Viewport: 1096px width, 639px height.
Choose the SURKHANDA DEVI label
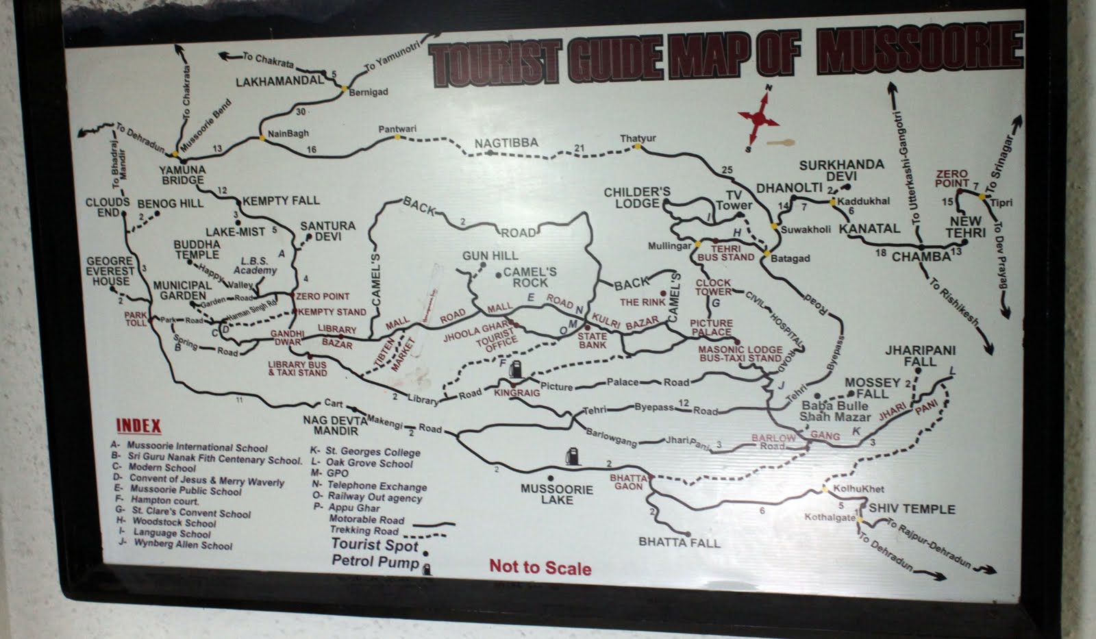pyautogui.click(x=841, y=171)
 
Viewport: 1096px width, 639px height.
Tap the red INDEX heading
pyautogui.click(x=138, y=425)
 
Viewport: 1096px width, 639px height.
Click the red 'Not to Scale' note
pyautogui.click(x=540, y=567)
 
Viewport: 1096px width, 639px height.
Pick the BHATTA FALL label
pyautogui.click(x=679, y=542)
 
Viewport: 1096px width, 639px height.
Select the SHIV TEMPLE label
pyautogui.click(x=911, y=509)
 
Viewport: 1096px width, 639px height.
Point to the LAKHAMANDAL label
pyautogui.click(x=279, y=81)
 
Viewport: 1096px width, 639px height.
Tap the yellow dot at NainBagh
pyautogui.click(x=262, y=138)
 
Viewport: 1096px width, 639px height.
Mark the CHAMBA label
pyautogui.click(x=921, y=257)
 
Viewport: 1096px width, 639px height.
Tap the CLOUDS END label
pyautogui.click(x=108, y=208)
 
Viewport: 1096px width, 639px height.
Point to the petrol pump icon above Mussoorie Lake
pyautogui.click(x=571, y=455)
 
